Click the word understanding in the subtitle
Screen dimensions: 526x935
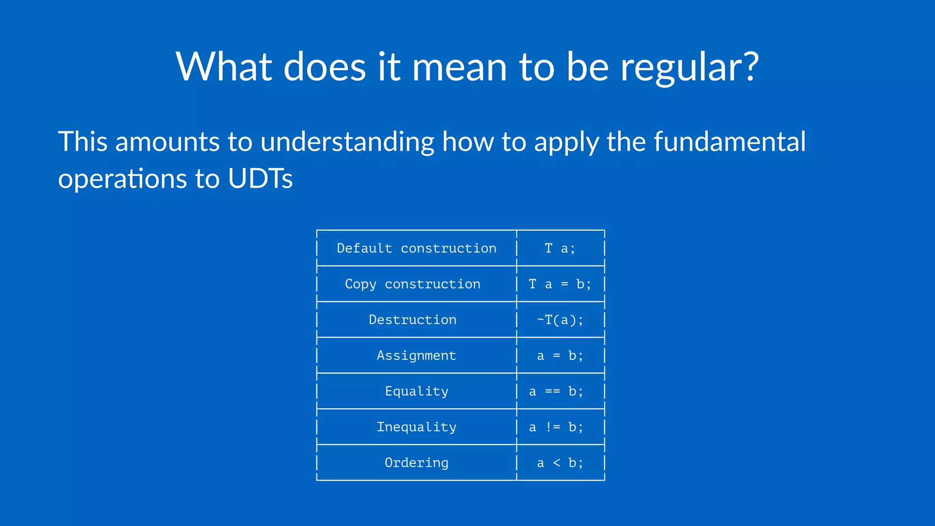point(347,142)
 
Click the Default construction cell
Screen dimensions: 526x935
point(416,248)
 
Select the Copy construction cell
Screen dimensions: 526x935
point(413,284)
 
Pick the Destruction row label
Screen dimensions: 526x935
point(413,320)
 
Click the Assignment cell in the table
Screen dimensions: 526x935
point(416,355)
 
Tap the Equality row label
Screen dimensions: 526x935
point(416,391)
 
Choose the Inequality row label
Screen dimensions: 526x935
point(416,427)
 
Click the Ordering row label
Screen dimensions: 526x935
point(416,463)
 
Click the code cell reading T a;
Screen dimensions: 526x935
point(560,248)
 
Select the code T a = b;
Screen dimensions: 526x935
point(560,284)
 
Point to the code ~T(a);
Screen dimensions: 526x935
point(560,320)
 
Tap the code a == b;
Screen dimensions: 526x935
point(556,391)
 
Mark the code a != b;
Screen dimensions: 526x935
point(556,427)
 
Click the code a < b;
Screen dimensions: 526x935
point(560,463)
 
